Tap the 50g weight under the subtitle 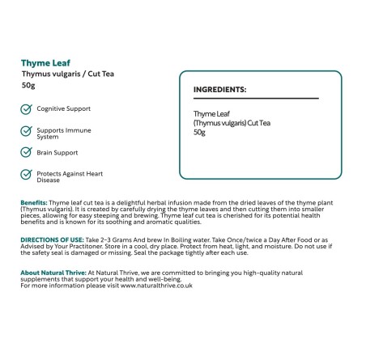(x=28, y=85)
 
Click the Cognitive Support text (x=64, y=108)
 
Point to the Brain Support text (x=57, y=152)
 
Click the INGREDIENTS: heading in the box (x=220, y=91)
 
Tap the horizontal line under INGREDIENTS (x=255, y=99)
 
